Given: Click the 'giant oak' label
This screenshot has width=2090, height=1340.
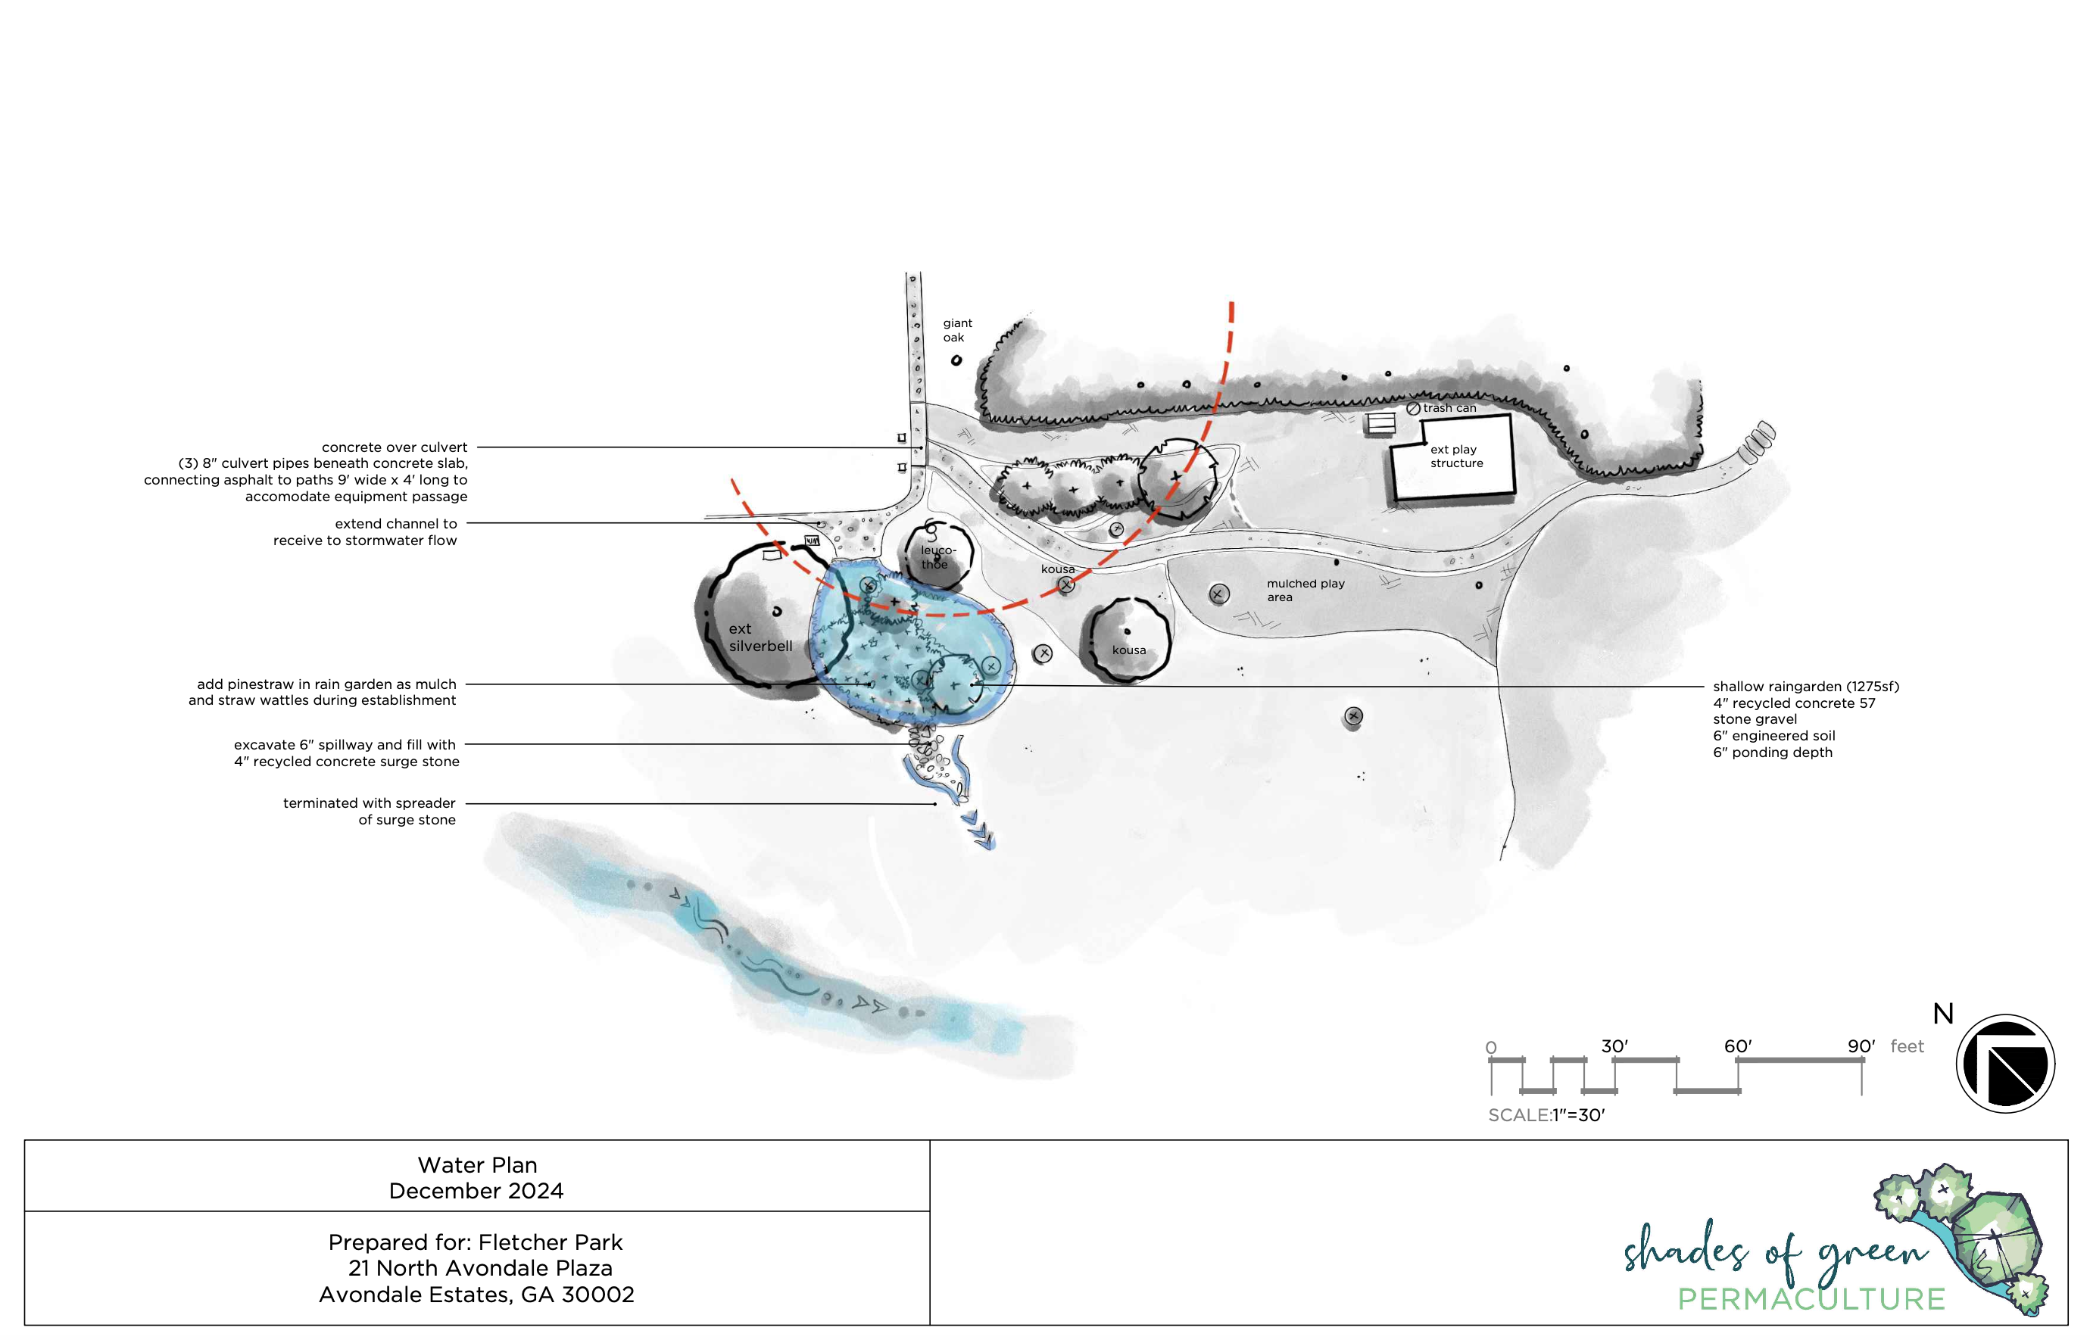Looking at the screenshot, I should (x=956, y=330).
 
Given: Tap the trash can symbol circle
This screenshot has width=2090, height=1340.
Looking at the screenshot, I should (x=1413, y=408).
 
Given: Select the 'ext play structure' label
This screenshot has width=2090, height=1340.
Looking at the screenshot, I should (x=1455, y=456).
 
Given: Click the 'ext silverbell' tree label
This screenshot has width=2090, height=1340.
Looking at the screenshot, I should (x=760, y=637).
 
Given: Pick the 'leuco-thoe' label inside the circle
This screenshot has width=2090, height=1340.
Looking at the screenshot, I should (x=937, y=557).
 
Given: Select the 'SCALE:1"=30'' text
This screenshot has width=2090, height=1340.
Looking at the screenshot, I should (x=1546, y=1114).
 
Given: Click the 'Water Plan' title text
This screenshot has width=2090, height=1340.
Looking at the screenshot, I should (x=477, y=1164).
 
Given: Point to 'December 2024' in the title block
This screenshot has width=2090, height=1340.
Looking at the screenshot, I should (x=476, y=1190).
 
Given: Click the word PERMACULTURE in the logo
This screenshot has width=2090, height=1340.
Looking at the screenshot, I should (x=1811, y=1299).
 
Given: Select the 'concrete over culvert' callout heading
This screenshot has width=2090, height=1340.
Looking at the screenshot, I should (x=395, y=447).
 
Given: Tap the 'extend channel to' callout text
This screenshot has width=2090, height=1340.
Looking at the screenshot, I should (x=395, y=524).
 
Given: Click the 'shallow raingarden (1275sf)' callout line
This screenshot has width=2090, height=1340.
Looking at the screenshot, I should (x=1805, y=687).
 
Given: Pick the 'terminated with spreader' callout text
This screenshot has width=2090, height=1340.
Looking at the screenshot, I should (x=369, y=803).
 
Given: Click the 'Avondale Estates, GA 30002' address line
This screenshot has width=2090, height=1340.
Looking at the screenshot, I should (x=476, y=1294).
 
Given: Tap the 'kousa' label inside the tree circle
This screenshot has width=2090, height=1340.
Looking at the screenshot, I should (x=1128, y=650).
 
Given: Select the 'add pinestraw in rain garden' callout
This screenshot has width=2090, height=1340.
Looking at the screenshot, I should (x=326, y=684).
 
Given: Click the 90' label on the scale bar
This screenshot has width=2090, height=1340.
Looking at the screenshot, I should (x=1861, y=1046).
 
